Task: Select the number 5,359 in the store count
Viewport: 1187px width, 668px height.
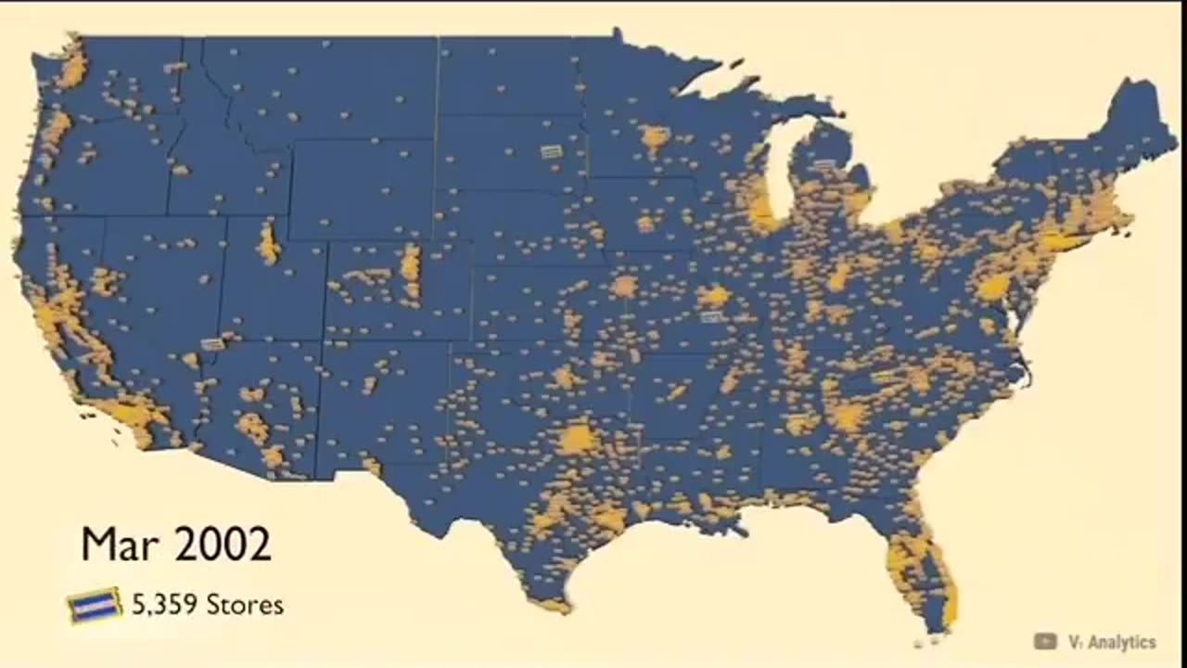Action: (165, 605)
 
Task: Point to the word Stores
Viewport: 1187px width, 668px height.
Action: (245, 605)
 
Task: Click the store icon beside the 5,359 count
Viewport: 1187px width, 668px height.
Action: (95, 606)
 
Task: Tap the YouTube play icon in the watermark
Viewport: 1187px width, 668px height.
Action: (1045, 641)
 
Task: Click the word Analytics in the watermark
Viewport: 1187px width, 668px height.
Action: (1122, 642)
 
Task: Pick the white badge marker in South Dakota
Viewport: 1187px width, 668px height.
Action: (552, 151)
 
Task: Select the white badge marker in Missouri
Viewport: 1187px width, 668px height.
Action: (711, 317)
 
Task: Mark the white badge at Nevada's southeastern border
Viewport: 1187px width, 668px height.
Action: (212, 344)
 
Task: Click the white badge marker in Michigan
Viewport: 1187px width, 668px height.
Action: (824, 164)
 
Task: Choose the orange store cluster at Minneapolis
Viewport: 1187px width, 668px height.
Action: (655, 138)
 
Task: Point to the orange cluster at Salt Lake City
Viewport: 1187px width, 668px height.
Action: (269, 243)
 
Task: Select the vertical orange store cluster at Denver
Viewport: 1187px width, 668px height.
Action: (410, 266)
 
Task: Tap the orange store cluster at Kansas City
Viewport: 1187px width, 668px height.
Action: (624, 286)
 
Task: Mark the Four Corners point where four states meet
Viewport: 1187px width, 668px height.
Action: (322, 340)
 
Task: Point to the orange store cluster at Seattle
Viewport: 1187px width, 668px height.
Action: (72, 67)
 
